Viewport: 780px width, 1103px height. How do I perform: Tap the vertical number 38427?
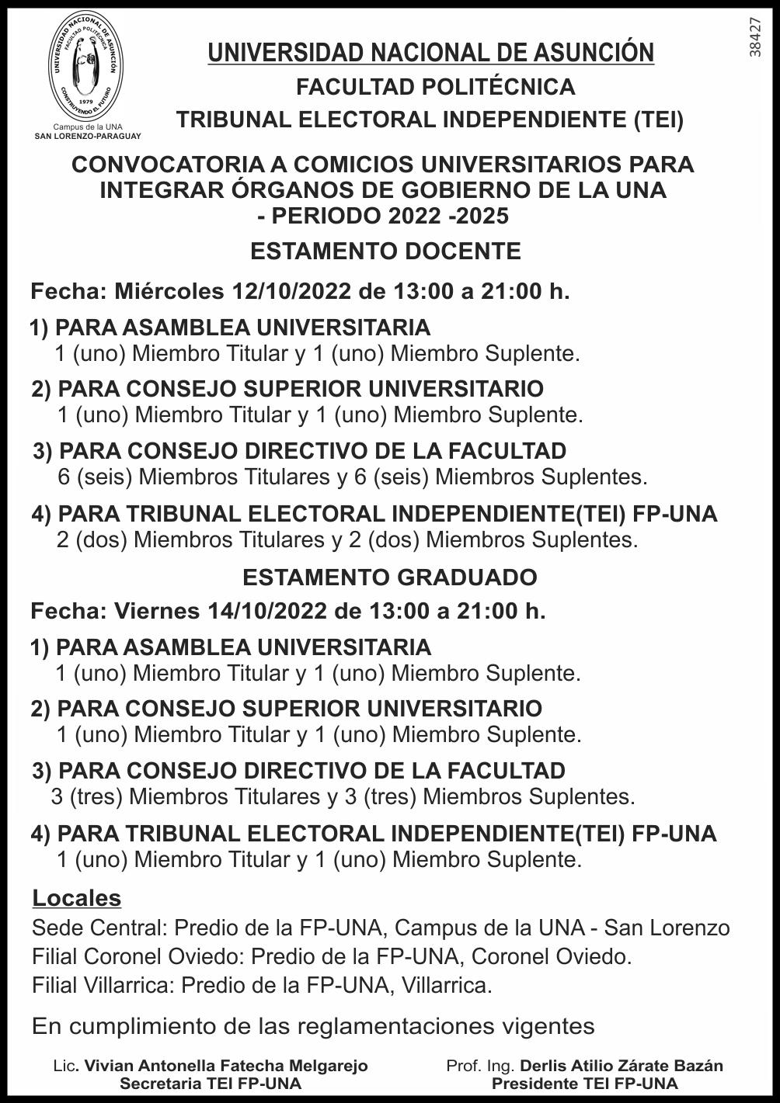click(x=756, y=36)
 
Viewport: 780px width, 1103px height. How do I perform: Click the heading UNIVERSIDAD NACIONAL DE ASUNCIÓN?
click(x=430, y=53)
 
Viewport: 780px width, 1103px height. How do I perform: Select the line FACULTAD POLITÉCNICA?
click(x=435, y=87)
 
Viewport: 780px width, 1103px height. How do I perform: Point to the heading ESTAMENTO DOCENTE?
click(x=385, y=251)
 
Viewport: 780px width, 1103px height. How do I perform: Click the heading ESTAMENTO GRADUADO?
click(x=389, y=578)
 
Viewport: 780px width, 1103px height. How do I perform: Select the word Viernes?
click(x=157, y=611)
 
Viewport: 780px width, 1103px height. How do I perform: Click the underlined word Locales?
click(x=77, y=898)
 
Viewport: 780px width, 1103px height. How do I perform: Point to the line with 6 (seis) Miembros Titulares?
click(x=352, y=477)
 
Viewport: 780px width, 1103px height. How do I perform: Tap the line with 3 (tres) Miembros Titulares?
click(x=343, y=796)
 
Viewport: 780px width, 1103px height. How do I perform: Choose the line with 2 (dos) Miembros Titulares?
click(x=347, y=539)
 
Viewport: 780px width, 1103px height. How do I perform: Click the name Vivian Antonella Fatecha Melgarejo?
click(x=225, y=1066)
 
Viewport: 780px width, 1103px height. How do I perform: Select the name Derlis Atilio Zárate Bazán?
click(x=622, y=1066)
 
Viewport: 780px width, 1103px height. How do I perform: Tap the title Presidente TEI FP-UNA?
click(x=584, y=1084)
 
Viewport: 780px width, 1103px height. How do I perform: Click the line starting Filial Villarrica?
click(x=262, y=986)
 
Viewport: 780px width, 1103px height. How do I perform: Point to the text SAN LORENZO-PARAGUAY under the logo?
click(x=88, y=136)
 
